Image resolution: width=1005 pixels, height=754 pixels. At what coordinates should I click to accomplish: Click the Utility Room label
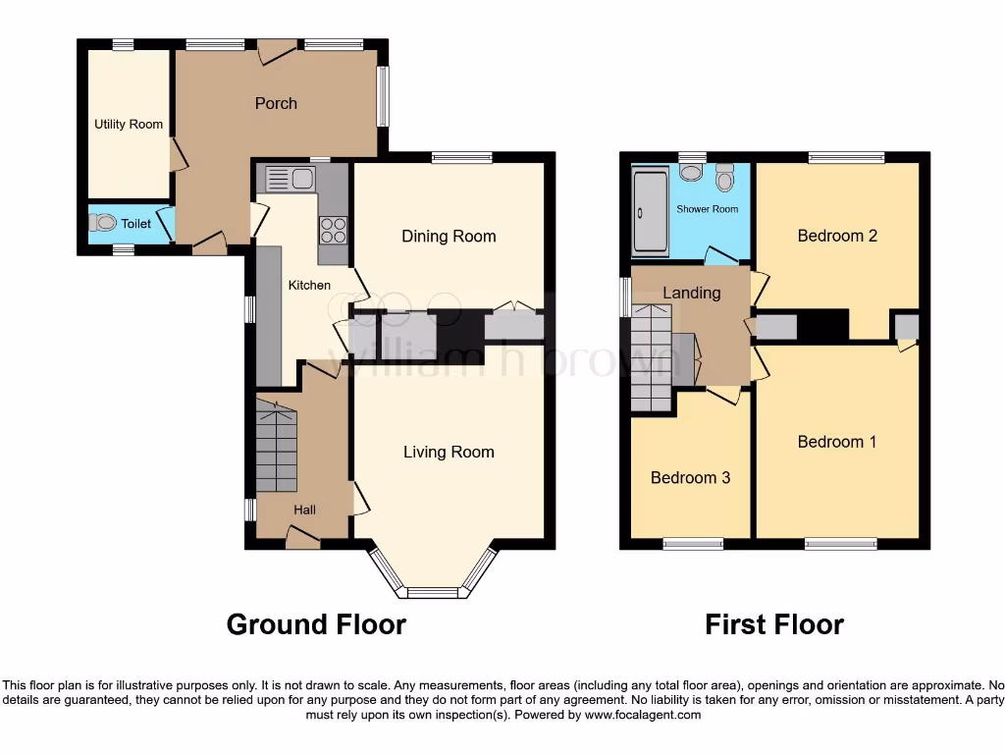(x=129, y=125)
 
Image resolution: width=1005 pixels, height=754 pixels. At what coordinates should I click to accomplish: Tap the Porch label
(x=276, y=103)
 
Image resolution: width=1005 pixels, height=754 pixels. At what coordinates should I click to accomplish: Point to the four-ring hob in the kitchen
(x=333, y=229)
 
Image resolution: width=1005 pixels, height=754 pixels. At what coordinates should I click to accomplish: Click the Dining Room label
(x=449, y=236)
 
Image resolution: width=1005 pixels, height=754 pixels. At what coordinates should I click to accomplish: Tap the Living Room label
(x=449, y=452)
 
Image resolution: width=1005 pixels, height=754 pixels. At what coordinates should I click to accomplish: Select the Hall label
(x=305, y=510)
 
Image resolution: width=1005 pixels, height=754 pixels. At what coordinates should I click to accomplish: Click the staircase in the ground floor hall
(x=276, y=449)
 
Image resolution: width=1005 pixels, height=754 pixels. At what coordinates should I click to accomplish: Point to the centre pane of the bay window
(x=433, y=592)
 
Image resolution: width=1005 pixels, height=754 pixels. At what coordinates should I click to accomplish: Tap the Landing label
(x=692, y=293)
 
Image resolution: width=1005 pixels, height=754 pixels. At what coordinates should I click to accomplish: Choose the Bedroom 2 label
(x=837, y=236)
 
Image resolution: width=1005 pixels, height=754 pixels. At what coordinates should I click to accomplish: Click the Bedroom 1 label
(x=837, y=442)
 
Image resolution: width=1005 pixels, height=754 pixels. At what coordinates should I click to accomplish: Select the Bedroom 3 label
(x=690, y=478)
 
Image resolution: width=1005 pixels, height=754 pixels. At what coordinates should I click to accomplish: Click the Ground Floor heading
(x=316, y=624)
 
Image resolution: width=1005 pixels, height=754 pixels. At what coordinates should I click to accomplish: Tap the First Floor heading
(x=774, y=624)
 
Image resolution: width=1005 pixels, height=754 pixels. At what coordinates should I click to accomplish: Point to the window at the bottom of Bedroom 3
(x=693, y=543)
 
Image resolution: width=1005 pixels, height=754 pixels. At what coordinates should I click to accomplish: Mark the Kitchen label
(x=309, y=286)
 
